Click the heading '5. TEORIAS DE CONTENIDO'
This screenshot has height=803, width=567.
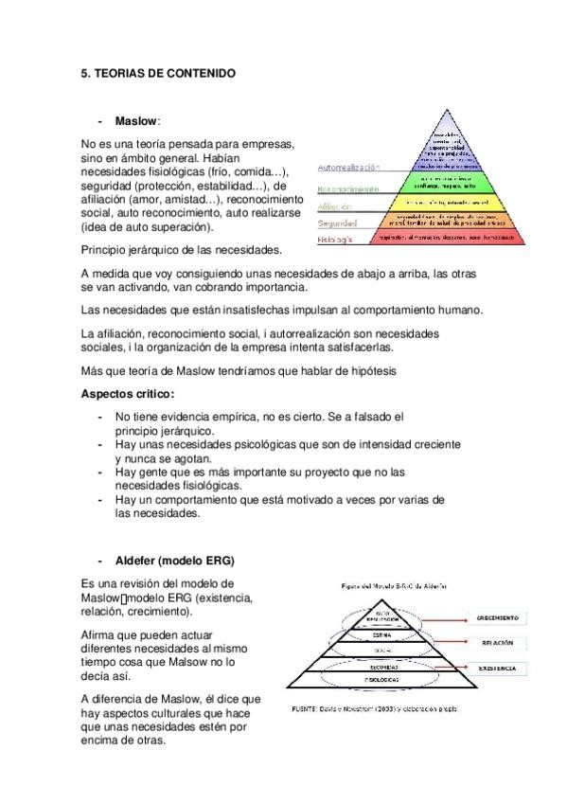click(x=157, y=73)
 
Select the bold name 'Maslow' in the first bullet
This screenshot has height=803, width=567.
click(x=136, y=121)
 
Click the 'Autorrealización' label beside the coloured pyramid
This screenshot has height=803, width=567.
click(x=349, y=168)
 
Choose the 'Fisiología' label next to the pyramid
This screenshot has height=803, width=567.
click(x=336, y=241)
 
